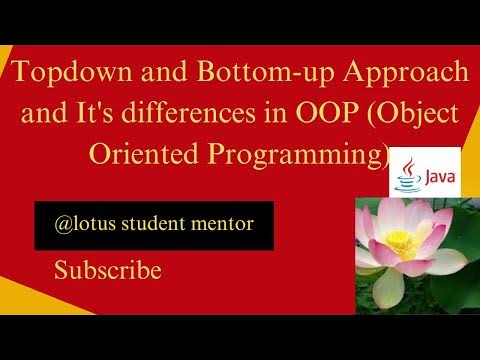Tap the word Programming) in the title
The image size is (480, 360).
[290, 157]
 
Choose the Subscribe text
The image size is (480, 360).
[107, 270]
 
